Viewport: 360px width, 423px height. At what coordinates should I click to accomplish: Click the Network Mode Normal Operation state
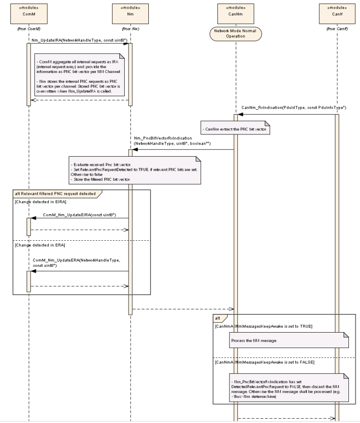(x=236, y=33)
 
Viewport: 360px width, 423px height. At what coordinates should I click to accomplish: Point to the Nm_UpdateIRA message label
(x=76, y=41)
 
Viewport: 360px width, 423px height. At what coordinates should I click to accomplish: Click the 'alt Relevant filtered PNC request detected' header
(x=57, y=193)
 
